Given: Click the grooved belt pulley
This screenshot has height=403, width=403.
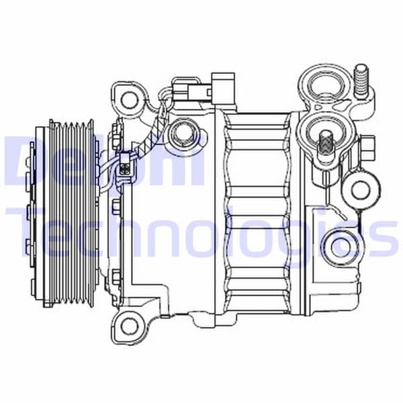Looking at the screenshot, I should [70, 212].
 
